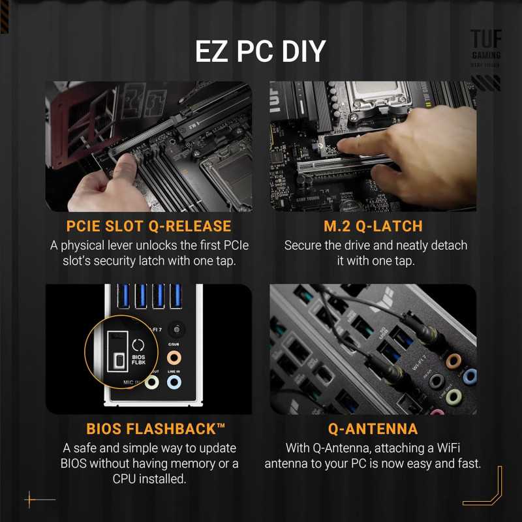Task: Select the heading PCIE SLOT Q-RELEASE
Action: point(149,226)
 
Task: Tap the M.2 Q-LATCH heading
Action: point(373,226)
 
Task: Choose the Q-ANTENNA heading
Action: point(373,429)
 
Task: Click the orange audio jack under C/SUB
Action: point(174,358)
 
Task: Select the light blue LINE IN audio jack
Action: point(174,383)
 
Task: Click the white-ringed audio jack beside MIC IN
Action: point(151,383)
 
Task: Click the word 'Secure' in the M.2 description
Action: point(305,246)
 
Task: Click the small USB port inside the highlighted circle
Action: point(118,361)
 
